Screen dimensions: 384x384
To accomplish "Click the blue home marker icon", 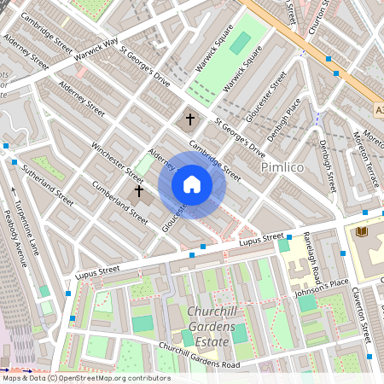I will pos(192,184).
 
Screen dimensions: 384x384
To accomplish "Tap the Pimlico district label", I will pos(282,167).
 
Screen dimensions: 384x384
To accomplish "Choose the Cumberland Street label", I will pos(119,198).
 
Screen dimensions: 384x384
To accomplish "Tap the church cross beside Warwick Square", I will pos(189,119).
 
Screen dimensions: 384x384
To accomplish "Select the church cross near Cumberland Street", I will pos(138,191).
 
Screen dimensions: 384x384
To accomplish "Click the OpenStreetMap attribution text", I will pos(86,378).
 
